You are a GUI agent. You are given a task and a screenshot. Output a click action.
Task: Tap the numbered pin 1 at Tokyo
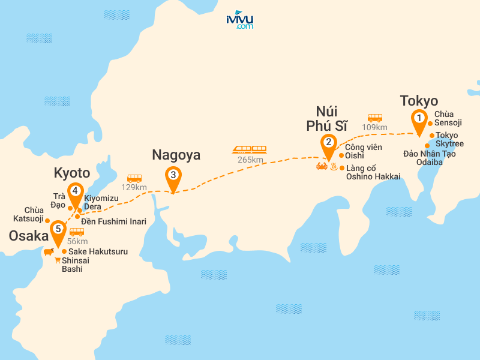click(418, 119)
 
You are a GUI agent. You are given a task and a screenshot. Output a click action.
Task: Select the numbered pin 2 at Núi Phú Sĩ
click(328, 143)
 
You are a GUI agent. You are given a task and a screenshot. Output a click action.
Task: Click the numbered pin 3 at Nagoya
click(173, 176)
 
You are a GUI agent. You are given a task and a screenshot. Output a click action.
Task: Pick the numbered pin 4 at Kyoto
click(75, 191)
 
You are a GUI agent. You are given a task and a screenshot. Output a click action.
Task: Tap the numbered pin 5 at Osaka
click(58, 229)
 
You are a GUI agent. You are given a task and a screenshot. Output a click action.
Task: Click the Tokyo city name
click(419, 101)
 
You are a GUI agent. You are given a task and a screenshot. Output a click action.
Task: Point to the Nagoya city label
click(176, 155)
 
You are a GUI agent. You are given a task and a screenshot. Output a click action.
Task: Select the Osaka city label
click(28, 236)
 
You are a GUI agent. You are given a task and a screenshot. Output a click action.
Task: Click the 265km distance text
click(250, 160)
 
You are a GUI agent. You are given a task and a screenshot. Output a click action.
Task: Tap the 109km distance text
click(374, 128)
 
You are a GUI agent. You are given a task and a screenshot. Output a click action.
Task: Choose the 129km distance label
click(134, 188)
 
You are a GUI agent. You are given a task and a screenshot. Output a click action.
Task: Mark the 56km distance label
click(77, 241)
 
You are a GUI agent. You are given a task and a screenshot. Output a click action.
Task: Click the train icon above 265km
click(250, 149)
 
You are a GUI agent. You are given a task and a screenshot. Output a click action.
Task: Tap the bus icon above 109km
click(375, 118)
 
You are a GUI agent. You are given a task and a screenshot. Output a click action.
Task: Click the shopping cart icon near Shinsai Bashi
click(58, 260)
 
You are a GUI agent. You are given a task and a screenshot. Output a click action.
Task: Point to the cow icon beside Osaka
click(47, 252)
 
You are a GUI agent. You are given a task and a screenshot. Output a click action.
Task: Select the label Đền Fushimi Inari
click(113, 221)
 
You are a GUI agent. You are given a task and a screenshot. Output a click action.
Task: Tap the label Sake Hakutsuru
click(98, 251)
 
